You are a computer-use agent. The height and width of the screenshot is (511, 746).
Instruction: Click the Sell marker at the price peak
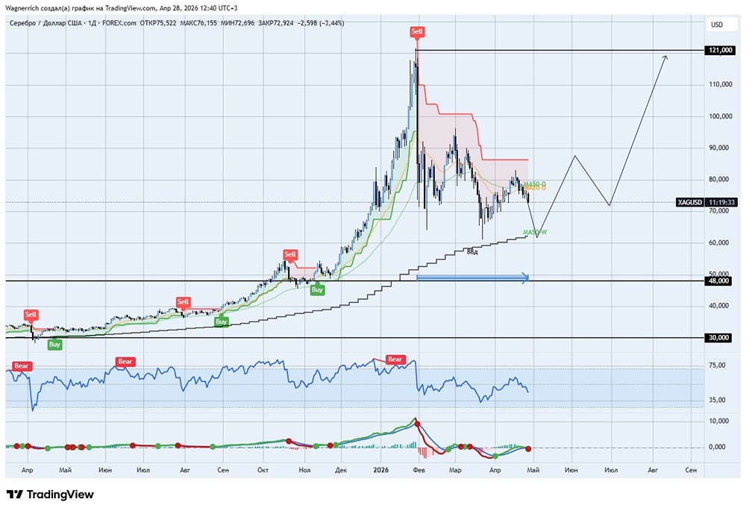417,31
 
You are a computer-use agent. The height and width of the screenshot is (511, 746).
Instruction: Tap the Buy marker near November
318,289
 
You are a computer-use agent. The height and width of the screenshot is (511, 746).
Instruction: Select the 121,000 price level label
718,51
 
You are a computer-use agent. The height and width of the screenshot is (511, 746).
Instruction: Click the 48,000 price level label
718,280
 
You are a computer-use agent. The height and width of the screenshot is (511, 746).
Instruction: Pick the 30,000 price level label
718,337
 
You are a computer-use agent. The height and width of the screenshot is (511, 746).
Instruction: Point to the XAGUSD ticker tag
690,202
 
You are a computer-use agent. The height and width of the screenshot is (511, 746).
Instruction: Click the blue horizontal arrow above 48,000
472,278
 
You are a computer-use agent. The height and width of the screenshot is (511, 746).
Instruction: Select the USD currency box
717,25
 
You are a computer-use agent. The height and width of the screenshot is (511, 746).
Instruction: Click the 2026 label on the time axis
381,471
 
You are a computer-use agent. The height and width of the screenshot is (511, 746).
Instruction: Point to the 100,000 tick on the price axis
718,116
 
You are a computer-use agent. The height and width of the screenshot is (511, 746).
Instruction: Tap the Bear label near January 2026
394,360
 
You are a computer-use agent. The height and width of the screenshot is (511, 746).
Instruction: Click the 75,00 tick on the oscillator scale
717,366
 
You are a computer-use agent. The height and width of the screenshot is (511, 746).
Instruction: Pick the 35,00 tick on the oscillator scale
717,400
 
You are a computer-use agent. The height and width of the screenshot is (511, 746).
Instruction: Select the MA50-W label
535,233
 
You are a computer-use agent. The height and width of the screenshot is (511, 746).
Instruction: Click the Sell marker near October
289,255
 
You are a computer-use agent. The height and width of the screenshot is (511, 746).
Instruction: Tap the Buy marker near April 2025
54,344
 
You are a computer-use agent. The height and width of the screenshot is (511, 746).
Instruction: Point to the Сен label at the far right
691,471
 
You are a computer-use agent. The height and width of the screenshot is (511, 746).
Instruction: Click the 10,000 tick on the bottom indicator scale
717,421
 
